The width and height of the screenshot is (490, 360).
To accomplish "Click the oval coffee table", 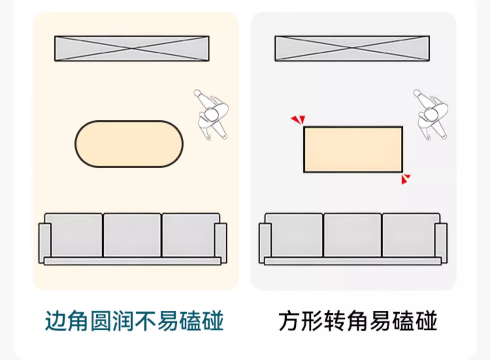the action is coord(129,144).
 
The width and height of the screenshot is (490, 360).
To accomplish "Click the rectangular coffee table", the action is coord(353,149).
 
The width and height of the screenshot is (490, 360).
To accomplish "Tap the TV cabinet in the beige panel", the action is coord(132,48).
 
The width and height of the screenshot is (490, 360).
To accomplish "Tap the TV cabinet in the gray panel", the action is coord(352,48).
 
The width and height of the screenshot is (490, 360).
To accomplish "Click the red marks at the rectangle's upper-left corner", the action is coord(298,120).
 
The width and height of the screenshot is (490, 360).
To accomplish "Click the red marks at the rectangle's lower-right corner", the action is coord(405,179).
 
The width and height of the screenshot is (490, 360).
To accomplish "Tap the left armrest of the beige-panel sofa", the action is coord(45,243).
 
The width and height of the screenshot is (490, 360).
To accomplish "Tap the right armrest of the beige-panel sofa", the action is coord(220,243).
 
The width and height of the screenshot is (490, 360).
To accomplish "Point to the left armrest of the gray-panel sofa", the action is coord(265,243).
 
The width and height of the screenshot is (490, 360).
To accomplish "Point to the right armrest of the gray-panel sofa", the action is coord(441,243).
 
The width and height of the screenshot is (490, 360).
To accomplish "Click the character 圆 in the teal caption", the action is coord(101,321).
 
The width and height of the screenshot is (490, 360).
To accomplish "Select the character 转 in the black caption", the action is coord(334,321).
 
